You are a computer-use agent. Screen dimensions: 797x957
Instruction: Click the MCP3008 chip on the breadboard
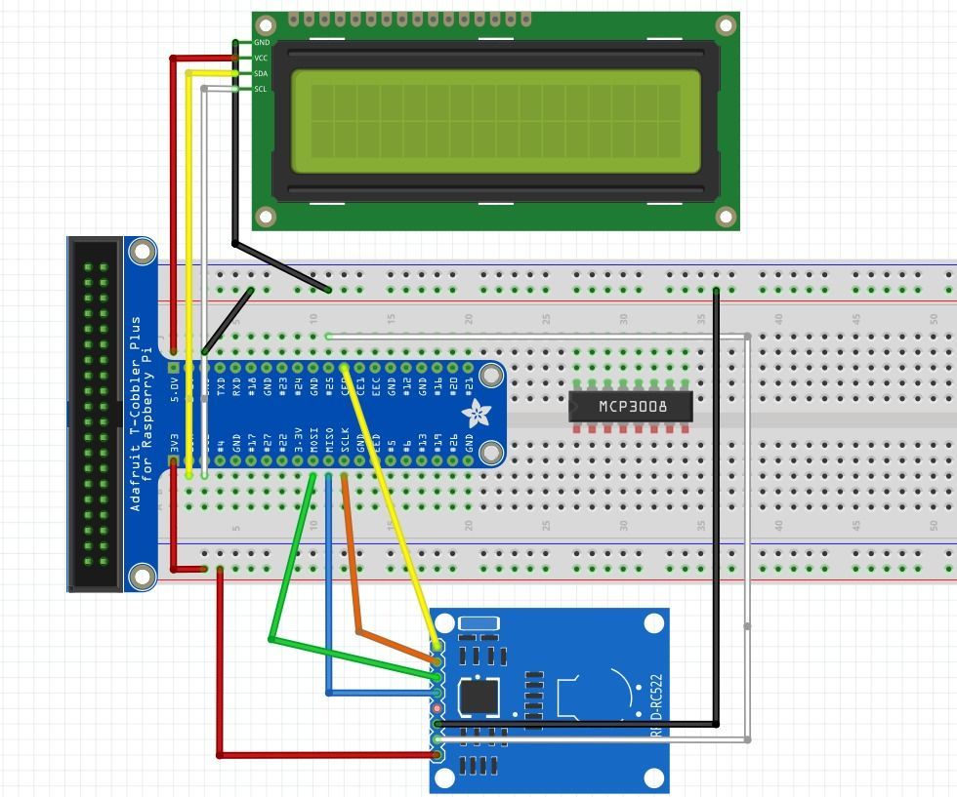click(631, 407)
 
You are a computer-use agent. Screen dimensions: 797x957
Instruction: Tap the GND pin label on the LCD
click(261, 43)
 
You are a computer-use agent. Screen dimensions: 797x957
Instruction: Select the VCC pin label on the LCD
click(261, 59)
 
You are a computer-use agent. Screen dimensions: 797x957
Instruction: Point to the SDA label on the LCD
click(261, 74)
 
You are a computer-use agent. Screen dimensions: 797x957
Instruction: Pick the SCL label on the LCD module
click(261, 90)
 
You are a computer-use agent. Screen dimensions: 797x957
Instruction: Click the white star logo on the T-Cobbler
click(477, 415)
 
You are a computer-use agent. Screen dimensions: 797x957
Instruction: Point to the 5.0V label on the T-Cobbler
click(175, 387)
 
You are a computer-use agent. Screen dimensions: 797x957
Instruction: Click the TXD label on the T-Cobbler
click(222, 386)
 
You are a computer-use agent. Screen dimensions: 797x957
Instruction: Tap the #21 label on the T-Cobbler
click(470, 386)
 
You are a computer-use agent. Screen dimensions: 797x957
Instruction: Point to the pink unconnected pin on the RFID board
click(438, 708)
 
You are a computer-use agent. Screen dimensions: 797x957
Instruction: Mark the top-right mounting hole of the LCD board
click(726, 25)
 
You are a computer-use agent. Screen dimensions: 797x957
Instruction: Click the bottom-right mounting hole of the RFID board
click(654, 777)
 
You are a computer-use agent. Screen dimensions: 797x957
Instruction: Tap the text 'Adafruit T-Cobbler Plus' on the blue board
click(136, 414)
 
